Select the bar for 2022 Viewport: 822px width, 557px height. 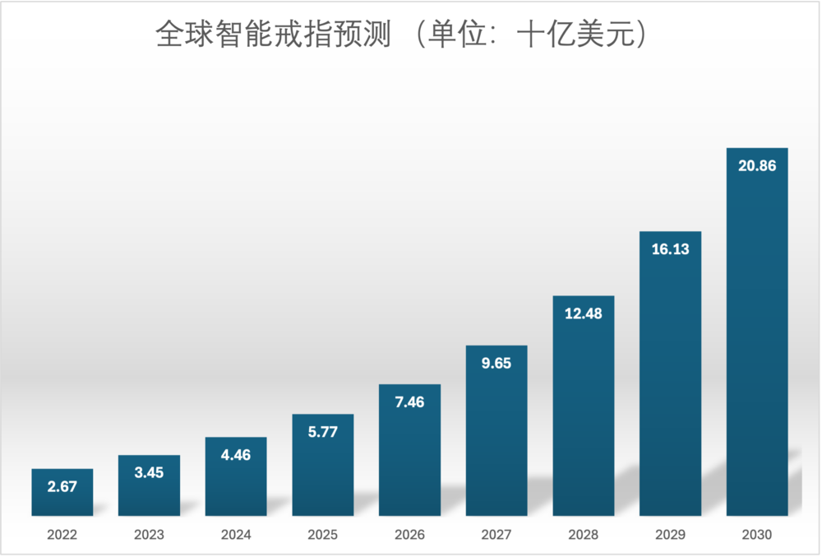[x=62, y=493]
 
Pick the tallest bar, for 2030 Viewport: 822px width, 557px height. [x=757, y=346]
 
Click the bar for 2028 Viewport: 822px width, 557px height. [x=584, y=411]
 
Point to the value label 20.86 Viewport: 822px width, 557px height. [x=757, y=165]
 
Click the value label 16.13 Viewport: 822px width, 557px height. [x=670, y=249]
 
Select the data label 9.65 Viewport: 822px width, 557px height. [x=496, y=363]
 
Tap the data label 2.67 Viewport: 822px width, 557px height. [x=62, y=486]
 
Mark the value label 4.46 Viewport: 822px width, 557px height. [x=236, y=455]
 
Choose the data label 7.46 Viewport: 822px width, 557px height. [x=409, y=402]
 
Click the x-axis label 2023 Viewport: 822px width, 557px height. [x=149, y=535]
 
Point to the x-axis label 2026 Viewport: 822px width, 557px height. [x=409, y=535]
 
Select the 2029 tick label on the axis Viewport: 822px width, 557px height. [x=670, y=535]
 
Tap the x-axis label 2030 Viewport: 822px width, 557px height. [x=757, y=535]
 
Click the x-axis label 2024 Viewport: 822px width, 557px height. [x=236, y=535]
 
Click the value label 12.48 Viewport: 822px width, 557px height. [x=584, y=313]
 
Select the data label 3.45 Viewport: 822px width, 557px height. [x=149, y=473]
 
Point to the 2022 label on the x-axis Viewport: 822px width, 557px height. [x=62, y=535]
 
